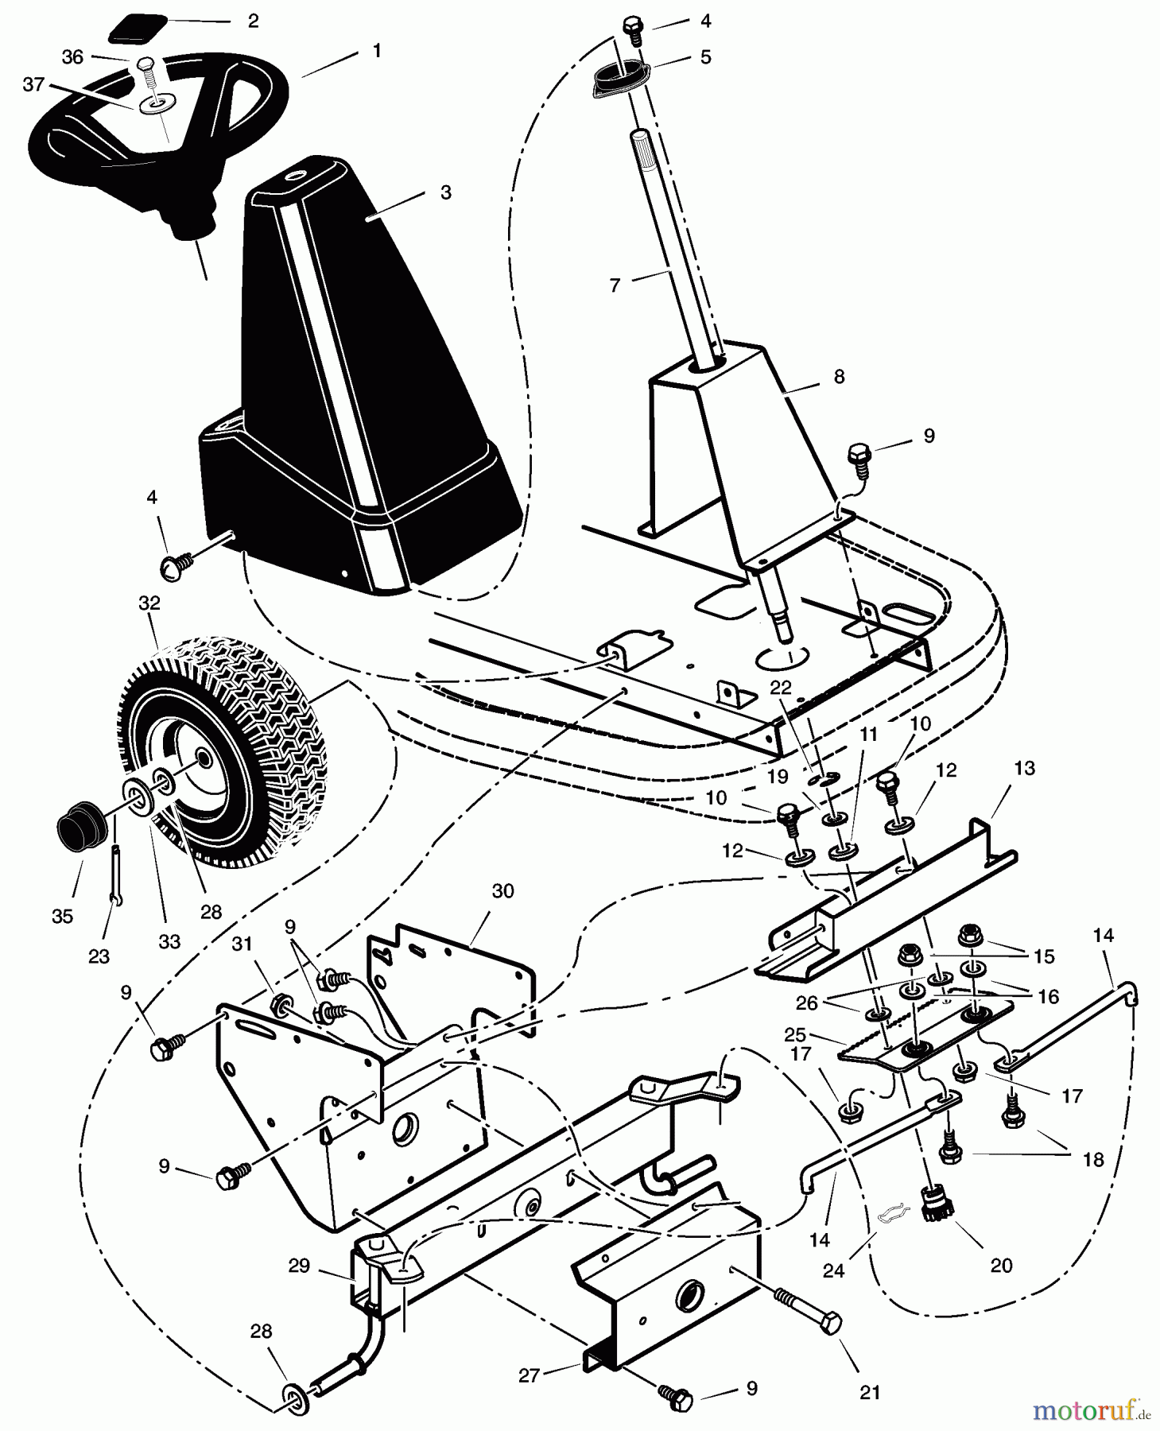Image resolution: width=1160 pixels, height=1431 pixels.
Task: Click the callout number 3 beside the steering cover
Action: pos(446,192)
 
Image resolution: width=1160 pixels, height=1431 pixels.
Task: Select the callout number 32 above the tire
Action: pos(149,603)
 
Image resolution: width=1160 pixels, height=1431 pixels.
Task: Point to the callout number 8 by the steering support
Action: pos(839,376)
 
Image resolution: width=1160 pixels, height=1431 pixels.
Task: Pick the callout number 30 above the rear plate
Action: pos(502,891)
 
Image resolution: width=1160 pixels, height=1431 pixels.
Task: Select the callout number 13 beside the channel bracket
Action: pos(1025,768)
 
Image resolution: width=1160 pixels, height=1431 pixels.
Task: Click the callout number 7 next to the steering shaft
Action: pos(614,285)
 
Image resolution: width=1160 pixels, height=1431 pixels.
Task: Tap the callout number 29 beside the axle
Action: pos(299,1266)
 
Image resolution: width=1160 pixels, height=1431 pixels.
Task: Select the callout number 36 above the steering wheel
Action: pos(72,57)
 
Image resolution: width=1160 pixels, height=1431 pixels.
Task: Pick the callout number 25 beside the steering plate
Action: pos(795,1035)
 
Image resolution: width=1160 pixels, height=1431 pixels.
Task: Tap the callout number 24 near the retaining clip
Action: pos(832,1271)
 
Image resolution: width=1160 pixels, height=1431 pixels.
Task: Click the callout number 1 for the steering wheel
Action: pos(377,51)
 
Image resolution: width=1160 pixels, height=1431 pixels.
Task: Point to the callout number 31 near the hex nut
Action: pos(242,944)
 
